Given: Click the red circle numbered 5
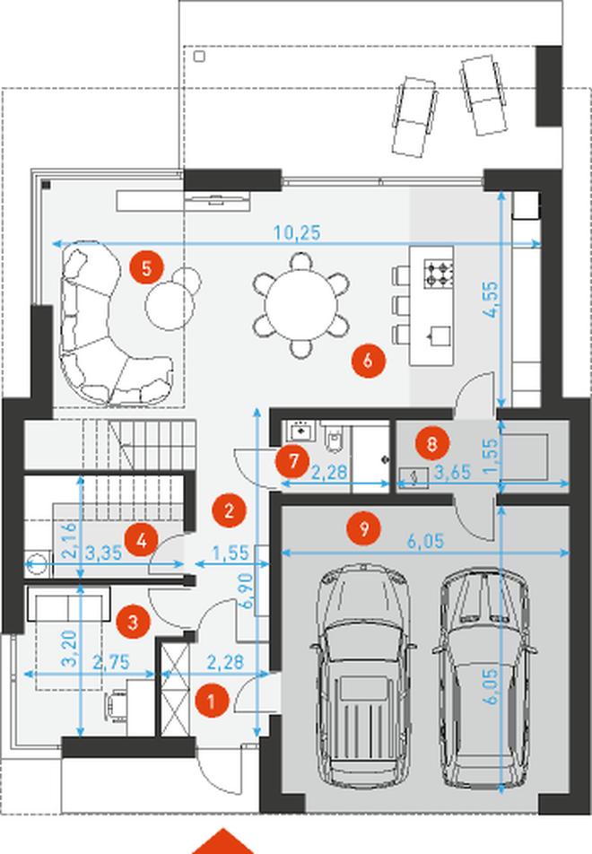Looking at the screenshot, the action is (x=146, y=268).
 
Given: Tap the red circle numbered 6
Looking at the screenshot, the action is (x=368, y=360).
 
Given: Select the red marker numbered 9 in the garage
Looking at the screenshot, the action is (x=364, y=527).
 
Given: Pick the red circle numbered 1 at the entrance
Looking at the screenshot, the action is (x=212, y=701).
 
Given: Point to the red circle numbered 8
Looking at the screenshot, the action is (x=431, y=444).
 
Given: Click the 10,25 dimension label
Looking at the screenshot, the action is (x=297, y=232).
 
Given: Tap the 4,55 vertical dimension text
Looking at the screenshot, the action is (x=492, y=300).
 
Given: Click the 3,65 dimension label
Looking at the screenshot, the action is (x=452, y=472).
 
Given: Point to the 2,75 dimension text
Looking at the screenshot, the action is (x=111, y=662).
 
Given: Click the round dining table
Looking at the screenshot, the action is (x=300, y=305).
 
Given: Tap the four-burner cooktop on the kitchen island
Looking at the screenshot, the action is (x=439, y=274).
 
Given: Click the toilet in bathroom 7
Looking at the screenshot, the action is (x=335, y=439).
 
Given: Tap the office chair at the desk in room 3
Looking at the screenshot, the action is (x=116, y=706).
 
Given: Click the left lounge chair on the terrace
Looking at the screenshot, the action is (x=414, y=117).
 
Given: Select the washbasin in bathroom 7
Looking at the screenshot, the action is (x=301, y=431).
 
